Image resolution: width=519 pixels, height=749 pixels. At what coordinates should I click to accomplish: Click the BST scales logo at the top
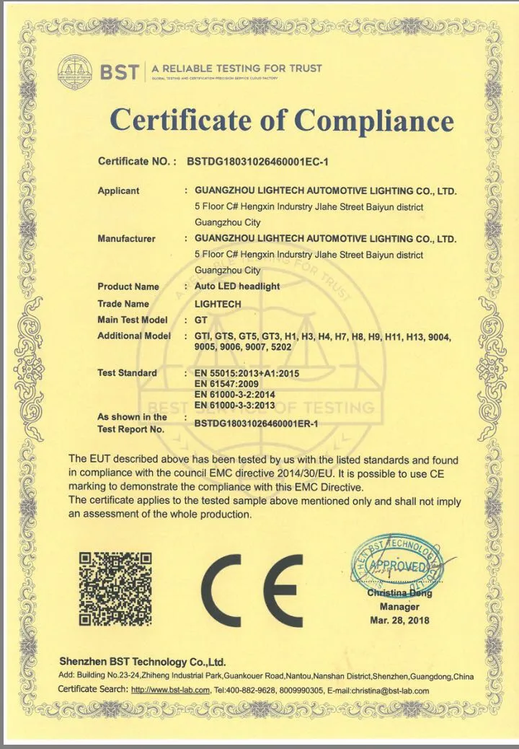(x=74, y=71)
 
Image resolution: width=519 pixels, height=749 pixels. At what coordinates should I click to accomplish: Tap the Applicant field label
(x=118, y=191)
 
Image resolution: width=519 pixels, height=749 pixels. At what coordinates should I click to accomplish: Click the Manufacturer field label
(x=126, y=239)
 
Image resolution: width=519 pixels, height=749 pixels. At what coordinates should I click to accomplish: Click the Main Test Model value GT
(x=201, y=320)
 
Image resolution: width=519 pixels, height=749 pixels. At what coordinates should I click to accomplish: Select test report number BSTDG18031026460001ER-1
(x=256, y=424)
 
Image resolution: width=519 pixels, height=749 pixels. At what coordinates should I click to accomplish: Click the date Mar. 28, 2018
(x=399, y=621)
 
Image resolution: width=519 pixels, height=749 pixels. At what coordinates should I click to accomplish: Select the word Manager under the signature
(x=400, y=607)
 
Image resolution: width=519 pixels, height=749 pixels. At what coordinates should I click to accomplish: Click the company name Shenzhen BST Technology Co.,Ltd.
(x=143, y=662)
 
